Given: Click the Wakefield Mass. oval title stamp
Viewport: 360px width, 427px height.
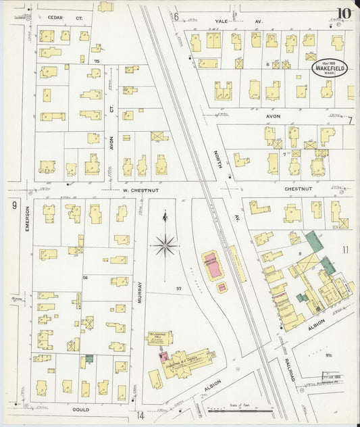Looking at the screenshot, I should tap(330, 70).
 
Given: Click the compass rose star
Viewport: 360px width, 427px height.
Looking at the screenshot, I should tap(166, 245).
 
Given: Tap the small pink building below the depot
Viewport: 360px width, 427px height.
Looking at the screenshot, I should tap(222, 288).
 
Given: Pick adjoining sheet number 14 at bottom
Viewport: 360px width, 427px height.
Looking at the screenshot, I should tap(140, 416).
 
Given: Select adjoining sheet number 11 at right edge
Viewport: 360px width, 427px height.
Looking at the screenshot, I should tap(346, 251).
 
